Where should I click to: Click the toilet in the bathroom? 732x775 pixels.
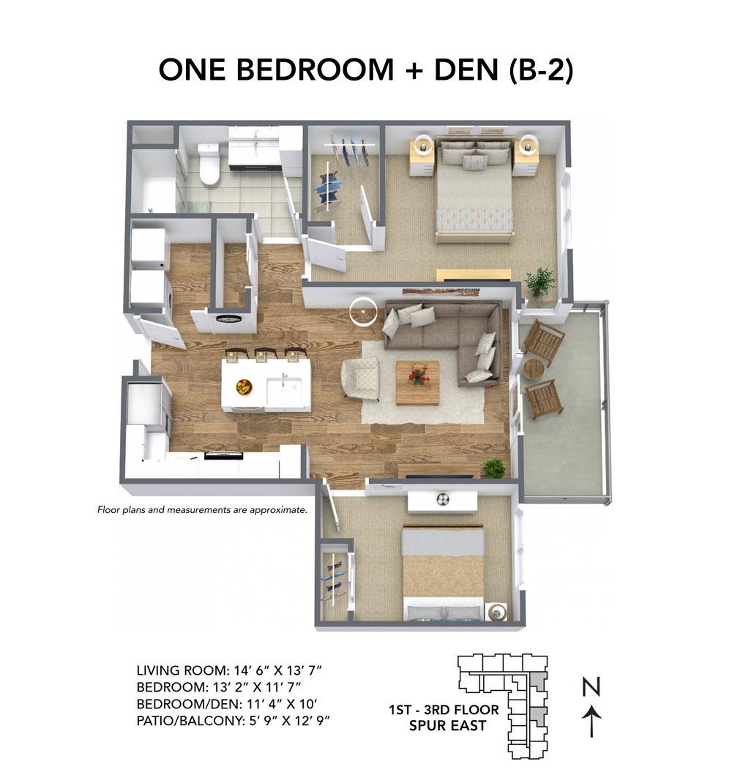click(209, 164)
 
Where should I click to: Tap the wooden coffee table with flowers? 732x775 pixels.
click(418, 381)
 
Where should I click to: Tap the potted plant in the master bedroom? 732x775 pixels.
click(539, 281)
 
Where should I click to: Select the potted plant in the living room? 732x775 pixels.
click(494, 468)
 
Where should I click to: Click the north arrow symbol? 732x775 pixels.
click(591, 721)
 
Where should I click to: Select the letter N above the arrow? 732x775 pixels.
click(591, 687)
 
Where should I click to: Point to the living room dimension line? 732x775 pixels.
click(229, 670)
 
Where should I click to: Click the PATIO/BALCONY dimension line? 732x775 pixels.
click(238, 720)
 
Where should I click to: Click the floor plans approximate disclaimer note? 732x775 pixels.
click(202, 509)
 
